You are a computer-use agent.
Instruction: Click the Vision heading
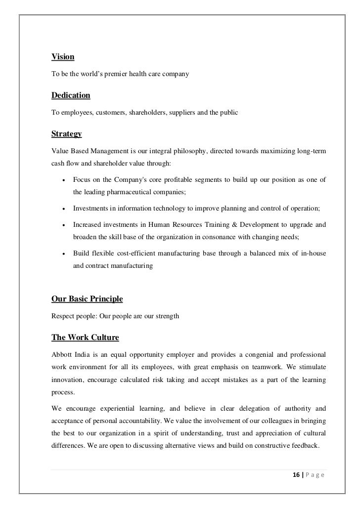63,57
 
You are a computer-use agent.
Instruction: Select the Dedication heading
71,95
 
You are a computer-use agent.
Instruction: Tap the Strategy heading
67,134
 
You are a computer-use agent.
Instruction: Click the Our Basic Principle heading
87,299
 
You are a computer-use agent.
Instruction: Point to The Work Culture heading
85,338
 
